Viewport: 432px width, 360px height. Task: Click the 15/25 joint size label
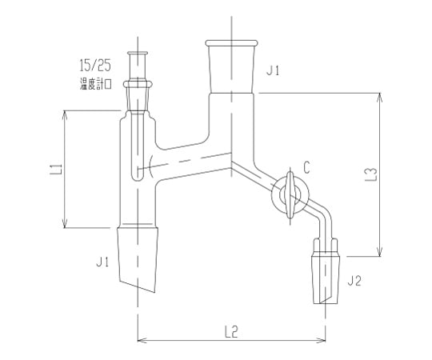coord(95,66)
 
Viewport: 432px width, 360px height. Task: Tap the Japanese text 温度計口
coord(96,84)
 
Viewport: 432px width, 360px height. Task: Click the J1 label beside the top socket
coord(273,71)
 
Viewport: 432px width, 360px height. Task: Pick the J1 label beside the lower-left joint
coord(102,262)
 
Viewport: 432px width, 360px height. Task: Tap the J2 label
coord(354,282)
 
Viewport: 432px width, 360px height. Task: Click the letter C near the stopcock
coord(306,167)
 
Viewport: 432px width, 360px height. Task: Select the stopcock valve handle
coord(290,194)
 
